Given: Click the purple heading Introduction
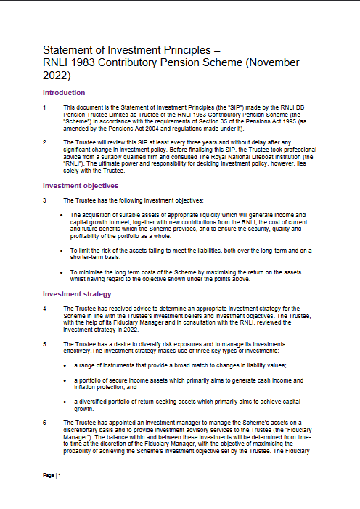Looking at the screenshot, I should pos(64,93).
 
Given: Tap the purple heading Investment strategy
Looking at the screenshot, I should pos(77,294).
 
